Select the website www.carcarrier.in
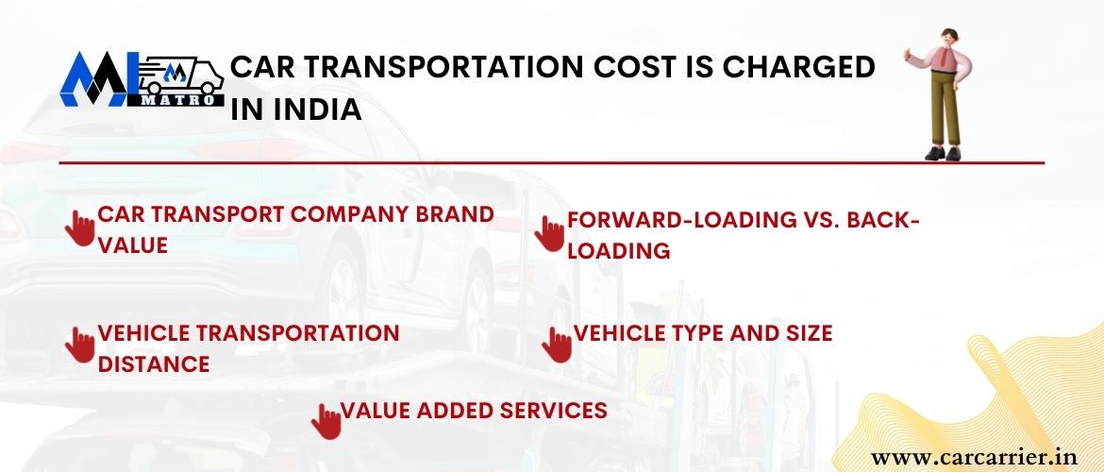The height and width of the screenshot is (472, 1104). pyautogui.click(x=974, y=458)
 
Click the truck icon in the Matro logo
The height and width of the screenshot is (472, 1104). pyautogui.click(x=182, y=76)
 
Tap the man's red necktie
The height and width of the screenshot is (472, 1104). pyautogui.click(x=945, y=57)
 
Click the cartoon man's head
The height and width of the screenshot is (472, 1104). pyautogui.click(x=949, y=38)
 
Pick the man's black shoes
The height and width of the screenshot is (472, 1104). pyautogui.click(x=943, y=153)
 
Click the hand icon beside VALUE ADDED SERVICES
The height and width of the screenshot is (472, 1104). pyautogui.click(x=326, y=421)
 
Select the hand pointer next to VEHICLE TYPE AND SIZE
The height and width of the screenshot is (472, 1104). pyautogui.click(x=557, y=346)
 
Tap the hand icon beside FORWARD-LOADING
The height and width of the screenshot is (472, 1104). pyautogui.click(x=549, y=233)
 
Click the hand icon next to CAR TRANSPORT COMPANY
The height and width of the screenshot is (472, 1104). pyautogui.click(x=79, y=228)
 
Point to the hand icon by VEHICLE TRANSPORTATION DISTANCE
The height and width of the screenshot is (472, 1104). pyautogui.click(x=79, y=345)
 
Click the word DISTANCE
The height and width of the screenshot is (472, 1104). pyautogui.click(x=154, y=364)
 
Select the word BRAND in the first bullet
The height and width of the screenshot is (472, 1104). pyautogui.click(x=454, y=214)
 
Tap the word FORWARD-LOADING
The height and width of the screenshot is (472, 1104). pyautogui.click(x=677, y=220)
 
